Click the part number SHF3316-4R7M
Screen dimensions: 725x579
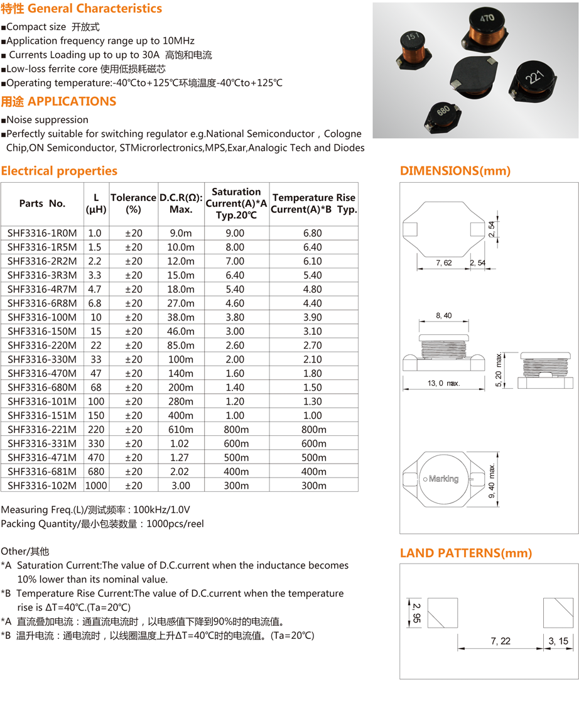pyautogui.click(x=42, y=289)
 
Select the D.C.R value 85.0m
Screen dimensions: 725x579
pyautogui.click(x=181, y=345)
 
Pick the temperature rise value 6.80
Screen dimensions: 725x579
pyautogui.click(x=312, y=233)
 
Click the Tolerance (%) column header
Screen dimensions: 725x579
pyautogui.click(x=133, y=203)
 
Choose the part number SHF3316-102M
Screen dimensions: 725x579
pyautogui.click(x=42, y=485)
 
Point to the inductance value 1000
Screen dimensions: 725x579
pyautogui.click(x=96, y=485)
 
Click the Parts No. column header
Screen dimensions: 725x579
pyautogui.click(x=42, y=203)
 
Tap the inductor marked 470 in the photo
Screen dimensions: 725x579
pyautogui.click(x=487, y=30)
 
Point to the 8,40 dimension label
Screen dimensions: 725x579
pyautogui.click(x=443, y=315)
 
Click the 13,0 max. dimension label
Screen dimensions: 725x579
pyautogui.click(x=444, y=383)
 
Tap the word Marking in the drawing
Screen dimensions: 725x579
pyautogui.click(x=443, y=479)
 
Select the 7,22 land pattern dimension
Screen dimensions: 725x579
pyautogui.click(x=501, y=641)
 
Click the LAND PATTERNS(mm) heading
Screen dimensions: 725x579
pyautogui.click(x=466, y=553)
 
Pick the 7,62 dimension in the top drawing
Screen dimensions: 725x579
pyautogui.click(x=443, y=263)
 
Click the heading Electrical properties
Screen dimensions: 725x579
pyautogui.click(x=59, y=171)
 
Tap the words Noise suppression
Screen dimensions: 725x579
pyautogui.click(x=47, y=119)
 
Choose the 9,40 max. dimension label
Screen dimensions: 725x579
pyautogui.click(x=493, y=482)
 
